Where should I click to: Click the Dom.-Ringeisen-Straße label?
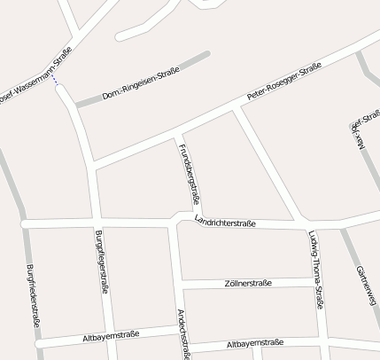click(x=141, y=82)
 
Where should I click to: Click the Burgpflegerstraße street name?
click(x=102, y=261)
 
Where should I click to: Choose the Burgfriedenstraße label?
click(x=32, y=297)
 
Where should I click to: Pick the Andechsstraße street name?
click(x=183, y=334)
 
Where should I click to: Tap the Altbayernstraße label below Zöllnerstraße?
click(x=255, y=343)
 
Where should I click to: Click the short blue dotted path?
click(x=55, y=82)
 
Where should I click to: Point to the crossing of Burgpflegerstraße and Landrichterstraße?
click(x=95, y=221)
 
